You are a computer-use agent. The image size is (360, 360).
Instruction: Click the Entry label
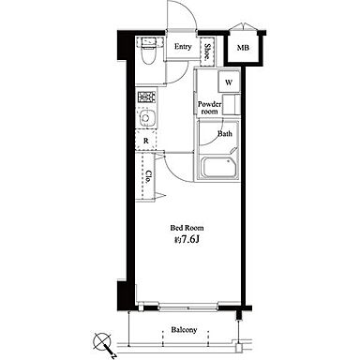coord(183,47)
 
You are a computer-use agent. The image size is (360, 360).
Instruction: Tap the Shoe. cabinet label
coord(207,52)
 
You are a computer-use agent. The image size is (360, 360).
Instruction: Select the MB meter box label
coord(243,48)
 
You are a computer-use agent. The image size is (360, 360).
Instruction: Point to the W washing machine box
coord(229,82)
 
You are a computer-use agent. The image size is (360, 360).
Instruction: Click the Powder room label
coord(209,108)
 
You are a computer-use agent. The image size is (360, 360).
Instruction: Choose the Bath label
coord(225,134)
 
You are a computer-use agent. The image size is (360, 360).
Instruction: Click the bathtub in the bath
coord(217,168)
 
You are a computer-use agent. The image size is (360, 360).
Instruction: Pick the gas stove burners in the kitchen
coord(146,97)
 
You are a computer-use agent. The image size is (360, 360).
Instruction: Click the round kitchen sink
coord(145,118)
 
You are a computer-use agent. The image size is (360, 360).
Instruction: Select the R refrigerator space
coord(146,141)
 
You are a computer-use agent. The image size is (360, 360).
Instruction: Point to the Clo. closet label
coord(149,176)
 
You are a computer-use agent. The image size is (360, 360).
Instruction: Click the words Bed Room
coord(187,228)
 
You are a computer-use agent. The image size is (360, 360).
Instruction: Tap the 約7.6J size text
coord(187,240)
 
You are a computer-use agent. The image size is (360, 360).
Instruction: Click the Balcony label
coord(184,330)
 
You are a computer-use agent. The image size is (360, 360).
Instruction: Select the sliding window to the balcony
coord(187,307)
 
